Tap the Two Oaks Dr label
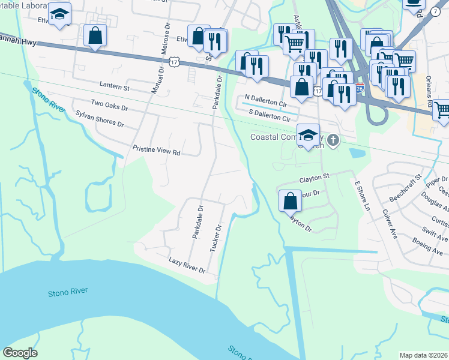(109, 106)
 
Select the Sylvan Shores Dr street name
(99, 119)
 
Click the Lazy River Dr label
(187, 266)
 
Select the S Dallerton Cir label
(273, 116)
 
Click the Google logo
(20, 353)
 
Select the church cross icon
(334, 140)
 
